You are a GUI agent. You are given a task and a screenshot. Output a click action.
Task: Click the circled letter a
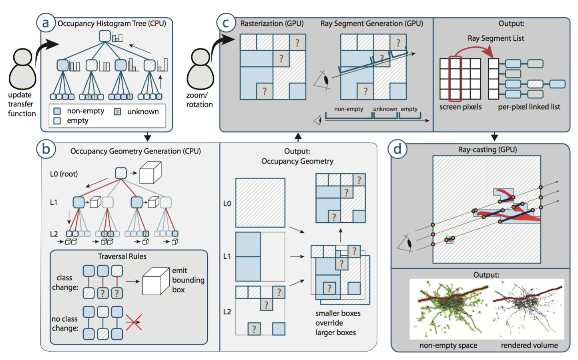45,23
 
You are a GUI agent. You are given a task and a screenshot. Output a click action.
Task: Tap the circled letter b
46,149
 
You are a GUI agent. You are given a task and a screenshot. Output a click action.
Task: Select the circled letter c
225,23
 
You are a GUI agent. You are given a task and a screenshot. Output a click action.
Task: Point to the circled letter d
397,149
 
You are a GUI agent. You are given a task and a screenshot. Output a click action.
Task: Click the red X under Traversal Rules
134,322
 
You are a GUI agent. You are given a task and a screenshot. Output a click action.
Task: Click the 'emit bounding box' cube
156,281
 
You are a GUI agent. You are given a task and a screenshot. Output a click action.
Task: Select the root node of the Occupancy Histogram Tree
105,36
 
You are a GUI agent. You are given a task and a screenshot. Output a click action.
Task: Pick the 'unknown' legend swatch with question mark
117,112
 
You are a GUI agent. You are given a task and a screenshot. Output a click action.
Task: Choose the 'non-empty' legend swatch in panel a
57,111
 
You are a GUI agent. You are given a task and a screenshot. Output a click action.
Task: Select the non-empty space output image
450,309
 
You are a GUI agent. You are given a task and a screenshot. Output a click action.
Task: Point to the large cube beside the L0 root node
150,173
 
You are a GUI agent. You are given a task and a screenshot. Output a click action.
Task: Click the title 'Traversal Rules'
122,256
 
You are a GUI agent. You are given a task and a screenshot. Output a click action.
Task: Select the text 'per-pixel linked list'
529,107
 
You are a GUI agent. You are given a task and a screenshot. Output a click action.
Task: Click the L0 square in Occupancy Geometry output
260,203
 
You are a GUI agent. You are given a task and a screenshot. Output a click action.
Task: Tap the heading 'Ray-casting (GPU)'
487,150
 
